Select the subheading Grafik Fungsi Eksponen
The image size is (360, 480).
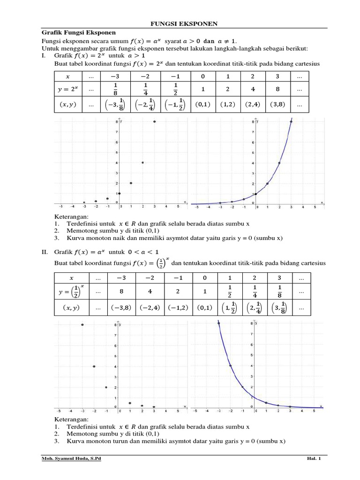coord(79,33)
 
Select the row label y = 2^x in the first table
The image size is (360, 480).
coord(68,89)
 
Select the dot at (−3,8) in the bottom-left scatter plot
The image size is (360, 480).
coord(82,324)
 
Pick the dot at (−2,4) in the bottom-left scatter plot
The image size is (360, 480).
coord(94,366)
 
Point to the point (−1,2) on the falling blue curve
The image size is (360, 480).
coord(242,387)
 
